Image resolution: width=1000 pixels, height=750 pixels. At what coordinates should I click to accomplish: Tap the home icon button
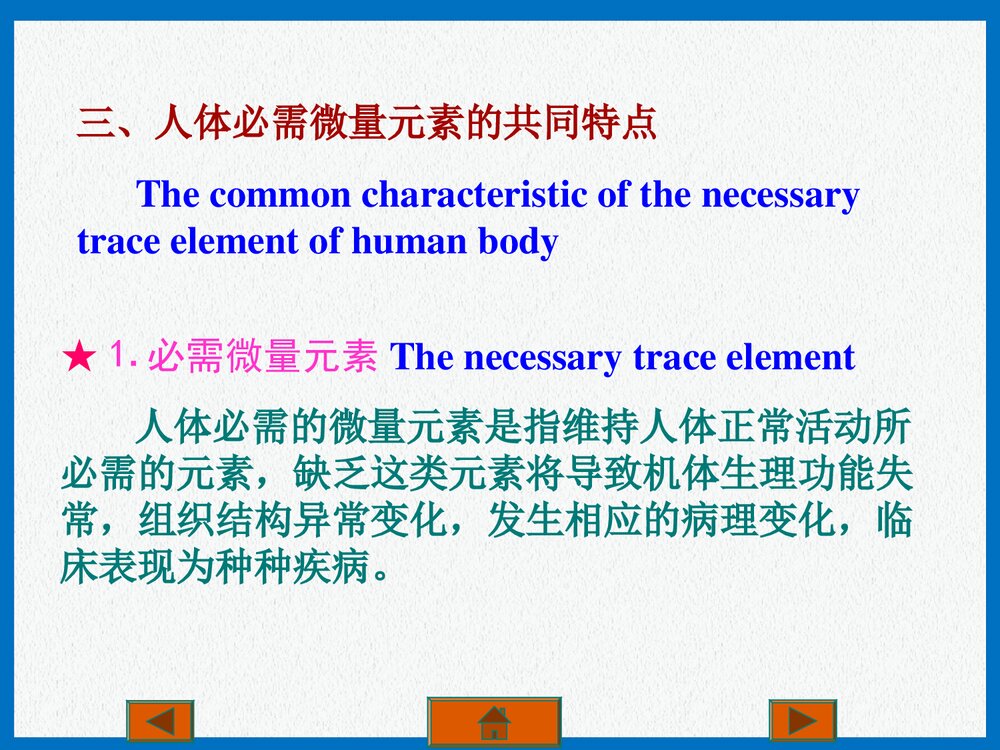tap(494, 721)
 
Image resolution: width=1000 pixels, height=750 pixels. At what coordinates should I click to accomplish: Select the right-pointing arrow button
tap(802, 721)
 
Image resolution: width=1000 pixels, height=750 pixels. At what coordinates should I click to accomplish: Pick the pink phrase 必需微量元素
tap(262, 357)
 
